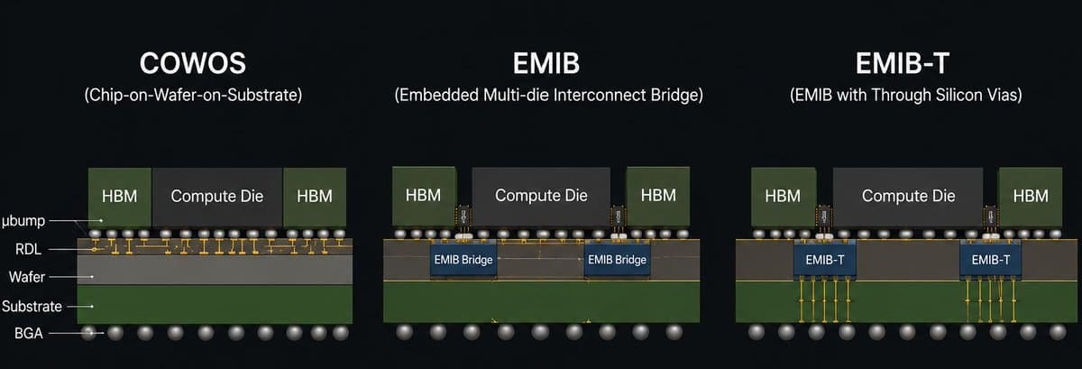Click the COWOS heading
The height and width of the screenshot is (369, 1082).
(x=193, y=63)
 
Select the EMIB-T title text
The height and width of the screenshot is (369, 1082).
(x=903, y=63)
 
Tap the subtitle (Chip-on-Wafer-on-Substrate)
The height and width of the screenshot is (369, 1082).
(x=193, y=95)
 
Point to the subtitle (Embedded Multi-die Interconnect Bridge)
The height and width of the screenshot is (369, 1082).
(x=549, y=95)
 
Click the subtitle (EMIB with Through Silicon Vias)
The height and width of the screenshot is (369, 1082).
(x=905, y=95)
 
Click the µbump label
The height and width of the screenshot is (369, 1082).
(x=23, y=221)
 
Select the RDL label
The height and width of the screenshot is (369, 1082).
(x=28, y=250)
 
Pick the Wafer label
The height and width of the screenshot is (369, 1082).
(x=26, y=277)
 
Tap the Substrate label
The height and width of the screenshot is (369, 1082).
(x=32, y=307)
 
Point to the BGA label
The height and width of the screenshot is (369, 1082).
(x=29, y=334)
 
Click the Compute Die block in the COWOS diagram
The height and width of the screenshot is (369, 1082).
(x=217, y=198)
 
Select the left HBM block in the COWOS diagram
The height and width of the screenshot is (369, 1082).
(x=120, y=198)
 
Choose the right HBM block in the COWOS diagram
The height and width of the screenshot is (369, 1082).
(x=315, y=198)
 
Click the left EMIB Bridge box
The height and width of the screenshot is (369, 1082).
(x=463, y=260)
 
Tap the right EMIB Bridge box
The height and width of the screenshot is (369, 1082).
(x=617, y=260)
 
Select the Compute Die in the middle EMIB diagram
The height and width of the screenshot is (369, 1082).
(x=541, y=196)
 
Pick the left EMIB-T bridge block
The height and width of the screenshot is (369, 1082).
(x=824, y=260)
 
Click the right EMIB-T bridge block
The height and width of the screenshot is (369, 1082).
(x=991, y=260)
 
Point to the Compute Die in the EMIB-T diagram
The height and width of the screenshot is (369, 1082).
(x=908, y=197)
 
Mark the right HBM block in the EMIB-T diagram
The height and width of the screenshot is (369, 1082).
(x=1031, y=197)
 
